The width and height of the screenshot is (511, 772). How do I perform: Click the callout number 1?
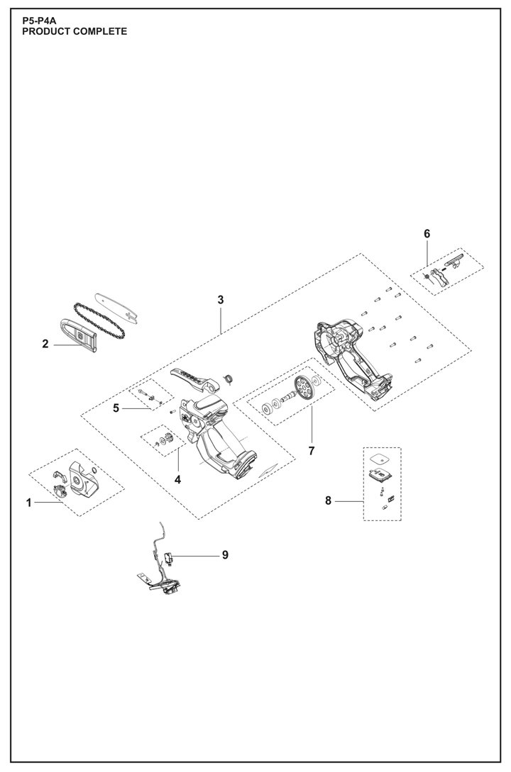pyautogui.click(x=29, y=503)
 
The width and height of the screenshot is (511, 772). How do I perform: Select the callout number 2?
pyautogui.click(x=45, y=345)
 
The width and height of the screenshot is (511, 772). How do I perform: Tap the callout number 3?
pyautogui.click(x=221, y=301)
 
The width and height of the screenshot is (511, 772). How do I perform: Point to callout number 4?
pyautogui.click(x=177, y=480)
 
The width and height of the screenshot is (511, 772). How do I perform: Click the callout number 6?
pyautogui.click(x=427, y=234)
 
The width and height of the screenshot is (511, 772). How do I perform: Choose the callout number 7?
pyautogui.click(x=310, y=450)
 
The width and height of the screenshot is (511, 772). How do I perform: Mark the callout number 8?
pyautogui.click(x=329, y=501)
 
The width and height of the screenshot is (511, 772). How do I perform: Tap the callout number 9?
pyautogui.click(x=225, y=555)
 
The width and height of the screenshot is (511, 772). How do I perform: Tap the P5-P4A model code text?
pyautogui.click(x=39, y=22)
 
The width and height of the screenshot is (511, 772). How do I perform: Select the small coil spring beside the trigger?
pyautogui.click(x=229, y=379)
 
